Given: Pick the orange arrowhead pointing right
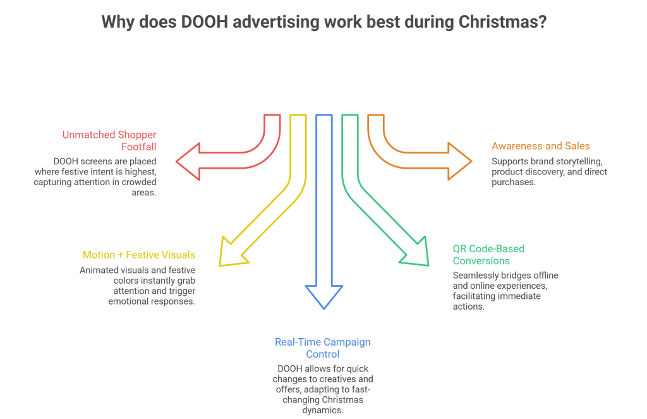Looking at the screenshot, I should [459, 163].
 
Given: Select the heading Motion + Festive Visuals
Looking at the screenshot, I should [138, 255].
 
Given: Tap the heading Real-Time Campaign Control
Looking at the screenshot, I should [322, 348].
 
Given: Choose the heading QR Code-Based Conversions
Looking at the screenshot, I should [488, 255].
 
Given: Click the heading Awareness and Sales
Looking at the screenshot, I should [540, 146].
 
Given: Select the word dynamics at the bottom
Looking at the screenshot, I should [323, 410].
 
